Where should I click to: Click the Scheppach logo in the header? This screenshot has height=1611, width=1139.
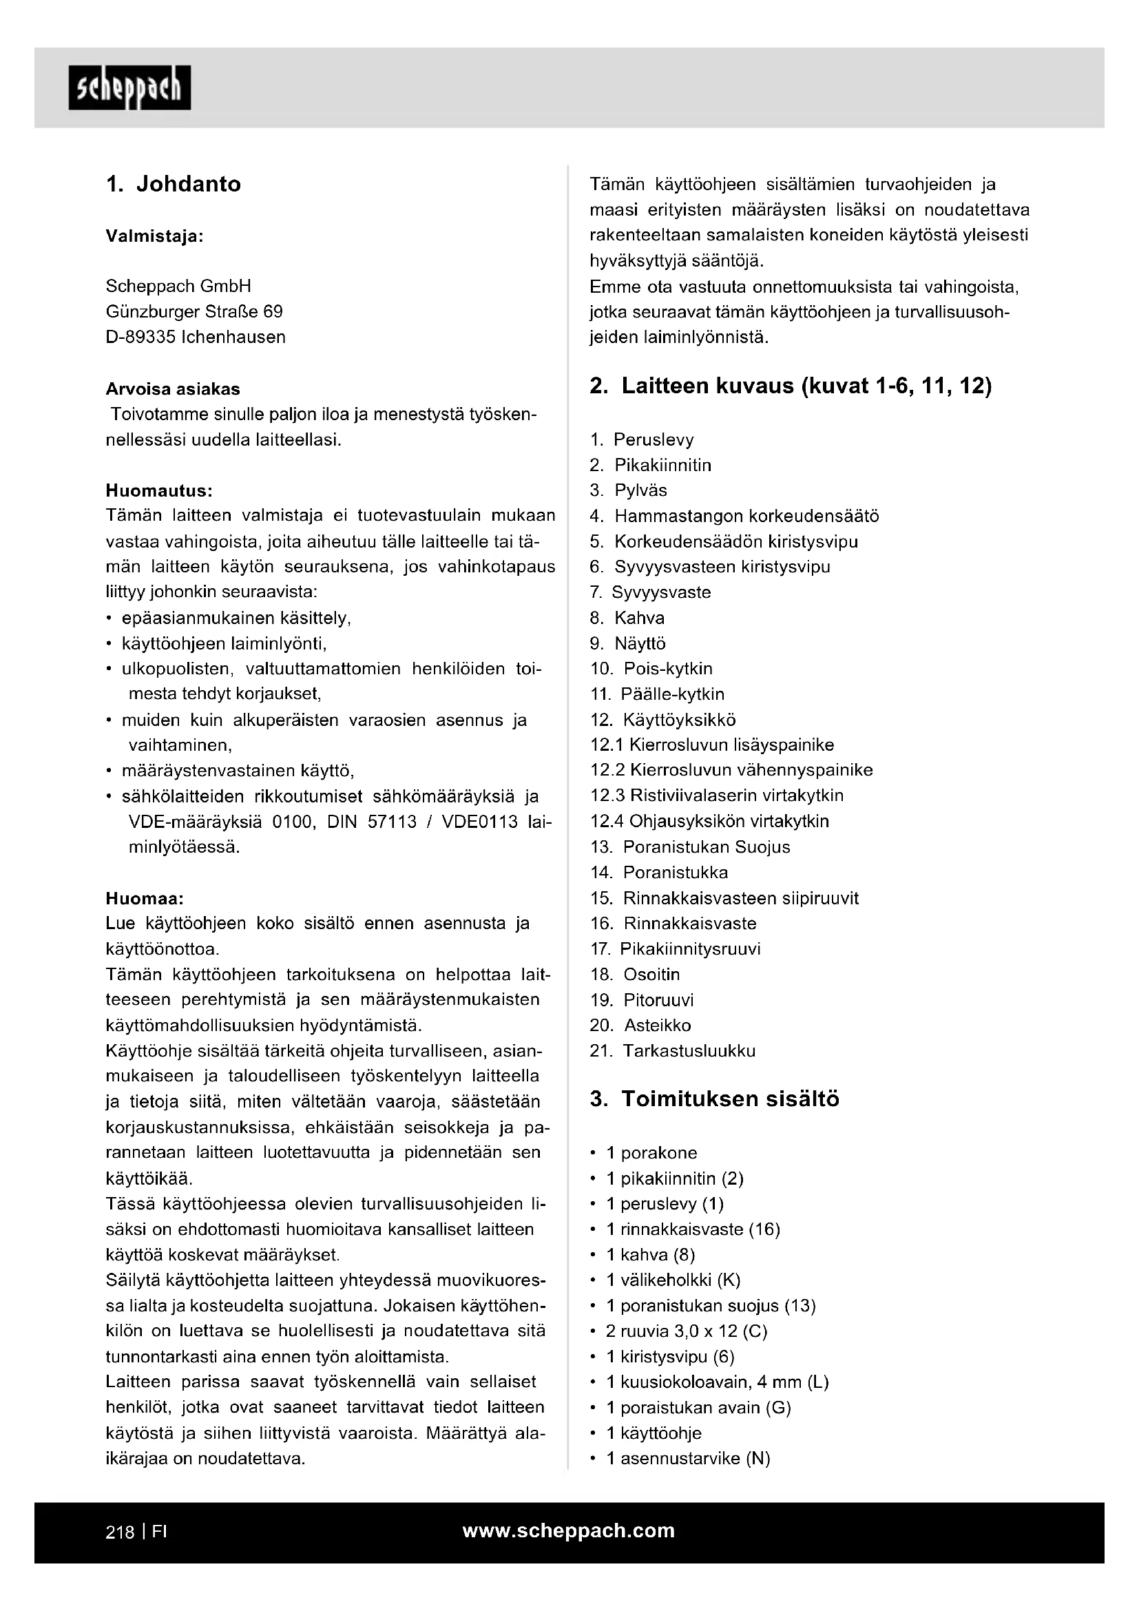click(129, 87)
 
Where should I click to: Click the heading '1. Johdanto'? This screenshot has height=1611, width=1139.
click(174, 184)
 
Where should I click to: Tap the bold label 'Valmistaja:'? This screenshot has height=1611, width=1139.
click(154, 236)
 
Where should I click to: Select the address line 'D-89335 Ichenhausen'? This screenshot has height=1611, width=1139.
click(196, 337)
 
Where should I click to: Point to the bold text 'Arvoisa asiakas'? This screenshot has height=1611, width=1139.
click(173, 388)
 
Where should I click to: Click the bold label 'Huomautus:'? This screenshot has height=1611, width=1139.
click(159, 489)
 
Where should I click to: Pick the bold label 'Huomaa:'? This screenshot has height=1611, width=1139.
click(145, 898)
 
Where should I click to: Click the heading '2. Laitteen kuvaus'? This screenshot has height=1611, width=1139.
click(791, 386)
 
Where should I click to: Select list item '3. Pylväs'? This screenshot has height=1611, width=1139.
click(629, 490)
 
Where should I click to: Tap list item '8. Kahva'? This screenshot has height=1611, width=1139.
click(627, 617)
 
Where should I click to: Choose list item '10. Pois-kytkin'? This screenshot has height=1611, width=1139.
click(651, 668)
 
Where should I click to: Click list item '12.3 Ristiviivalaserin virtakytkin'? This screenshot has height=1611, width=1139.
click(717, 795)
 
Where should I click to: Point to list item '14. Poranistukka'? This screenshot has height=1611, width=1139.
click(659, 872)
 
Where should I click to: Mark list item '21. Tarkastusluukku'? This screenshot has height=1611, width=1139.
click(673, 1050)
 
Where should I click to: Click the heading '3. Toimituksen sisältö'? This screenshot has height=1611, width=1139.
click(715, 1099)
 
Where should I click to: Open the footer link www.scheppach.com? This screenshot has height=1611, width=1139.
click(569, 1530)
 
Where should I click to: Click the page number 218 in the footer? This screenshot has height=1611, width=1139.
click(120, 1532)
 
